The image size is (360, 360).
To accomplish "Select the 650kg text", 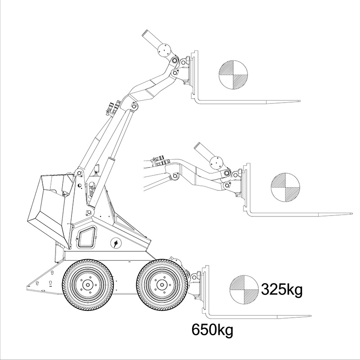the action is click(x=212, y=330).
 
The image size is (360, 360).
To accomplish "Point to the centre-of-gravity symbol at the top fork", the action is click(x=233, y=75).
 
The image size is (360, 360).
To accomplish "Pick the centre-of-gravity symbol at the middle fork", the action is click(x=285, y=188).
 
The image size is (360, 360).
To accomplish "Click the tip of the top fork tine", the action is click(x=300, y=101).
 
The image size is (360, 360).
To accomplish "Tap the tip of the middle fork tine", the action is click(x=352, y=213).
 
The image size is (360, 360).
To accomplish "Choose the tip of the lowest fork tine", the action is click(x=310, y=316).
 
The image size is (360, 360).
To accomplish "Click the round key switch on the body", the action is click(x=116, y=243).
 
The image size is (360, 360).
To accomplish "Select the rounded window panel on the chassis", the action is click(x=87, y=238).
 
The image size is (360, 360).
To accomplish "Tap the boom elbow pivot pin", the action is click(x=133, y=106).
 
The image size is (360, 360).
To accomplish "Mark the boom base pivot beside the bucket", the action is click(x=79, y=173).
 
